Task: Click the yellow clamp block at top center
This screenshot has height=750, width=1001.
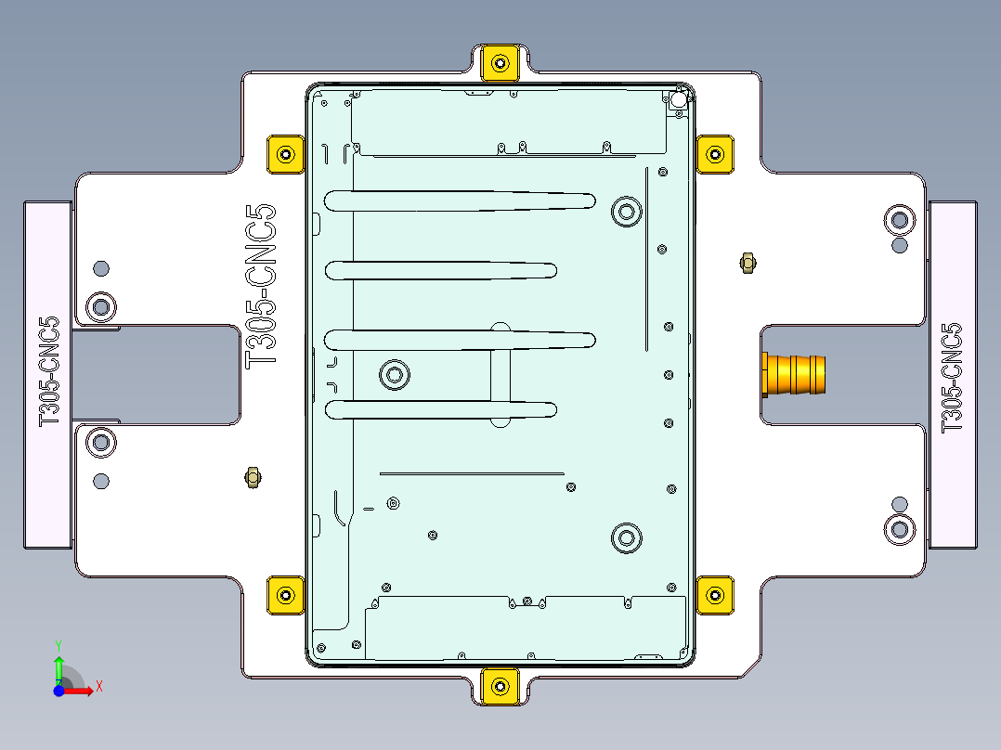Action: (500, 62)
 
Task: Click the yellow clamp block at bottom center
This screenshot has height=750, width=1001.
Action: (500, 686)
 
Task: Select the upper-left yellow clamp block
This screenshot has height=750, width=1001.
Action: (286, 154)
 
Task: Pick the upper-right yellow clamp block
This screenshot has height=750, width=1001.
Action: (715, 154)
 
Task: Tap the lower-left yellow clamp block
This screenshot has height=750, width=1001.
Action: (286, 595)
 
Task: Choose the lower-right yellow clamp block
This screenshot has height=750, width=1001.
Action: (715, 595)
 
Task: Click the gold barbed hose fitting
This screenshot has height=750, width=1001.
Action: (794, 374)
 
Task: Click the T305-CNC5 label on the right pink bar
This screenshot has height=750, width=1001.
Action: (952, 377)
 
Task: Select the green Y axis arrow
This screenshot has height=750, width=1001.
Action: (58, 666)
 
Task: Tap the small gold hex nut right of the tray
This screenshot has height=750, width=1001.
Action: (746, 263)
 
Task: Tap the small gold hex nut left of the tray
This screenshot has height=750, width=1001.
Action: (251, 478)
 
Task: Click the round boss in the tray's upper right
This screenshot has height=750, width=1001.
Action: (627, 212)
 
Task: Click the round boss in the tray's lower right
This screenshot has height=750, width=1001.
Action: (627, 537)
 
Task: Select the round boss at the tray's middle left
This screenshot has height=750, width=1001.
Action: (395, 375)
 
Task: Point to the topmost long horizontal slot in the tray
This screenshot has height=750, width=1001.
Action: (460, 200)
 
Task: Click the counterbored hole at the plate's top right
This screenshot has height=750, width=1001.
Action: (899, 219)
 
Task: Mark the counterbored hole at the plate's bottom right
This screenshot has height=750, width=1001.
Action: (899, 528)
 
